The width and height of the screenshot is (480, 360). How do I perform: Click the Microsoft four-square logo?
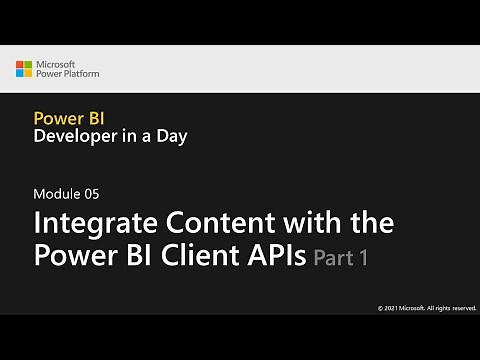pyautogui.click(x=24, y=69)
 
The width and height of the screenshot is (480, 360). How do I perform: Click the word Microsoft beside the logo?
pyautogui.click(x=59, y=64)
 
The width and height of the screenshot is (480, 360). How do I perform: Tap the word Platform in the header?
pyautogui.click(x=80, y=74)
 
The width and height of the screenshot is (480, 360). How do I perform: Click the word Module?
pyautogui.click(x=54, y=193)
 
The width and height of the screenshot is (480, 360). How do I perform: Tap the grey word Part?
pyautogui.click(x=333, y=258)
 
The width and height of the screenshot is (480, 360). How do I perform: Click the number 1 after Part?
pyautogui.click(x=364, y=258)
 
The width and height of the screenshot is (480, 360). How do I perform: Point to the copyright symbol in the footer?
pyautogui.click(x=379, y=307)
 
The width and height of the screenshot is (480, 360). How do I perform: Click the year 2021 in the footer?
pyautogui.click(x=391, y=307)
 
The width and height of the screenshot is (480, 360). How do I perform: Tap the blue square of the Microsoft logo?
pyautogui.click(x=20, y=74)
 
